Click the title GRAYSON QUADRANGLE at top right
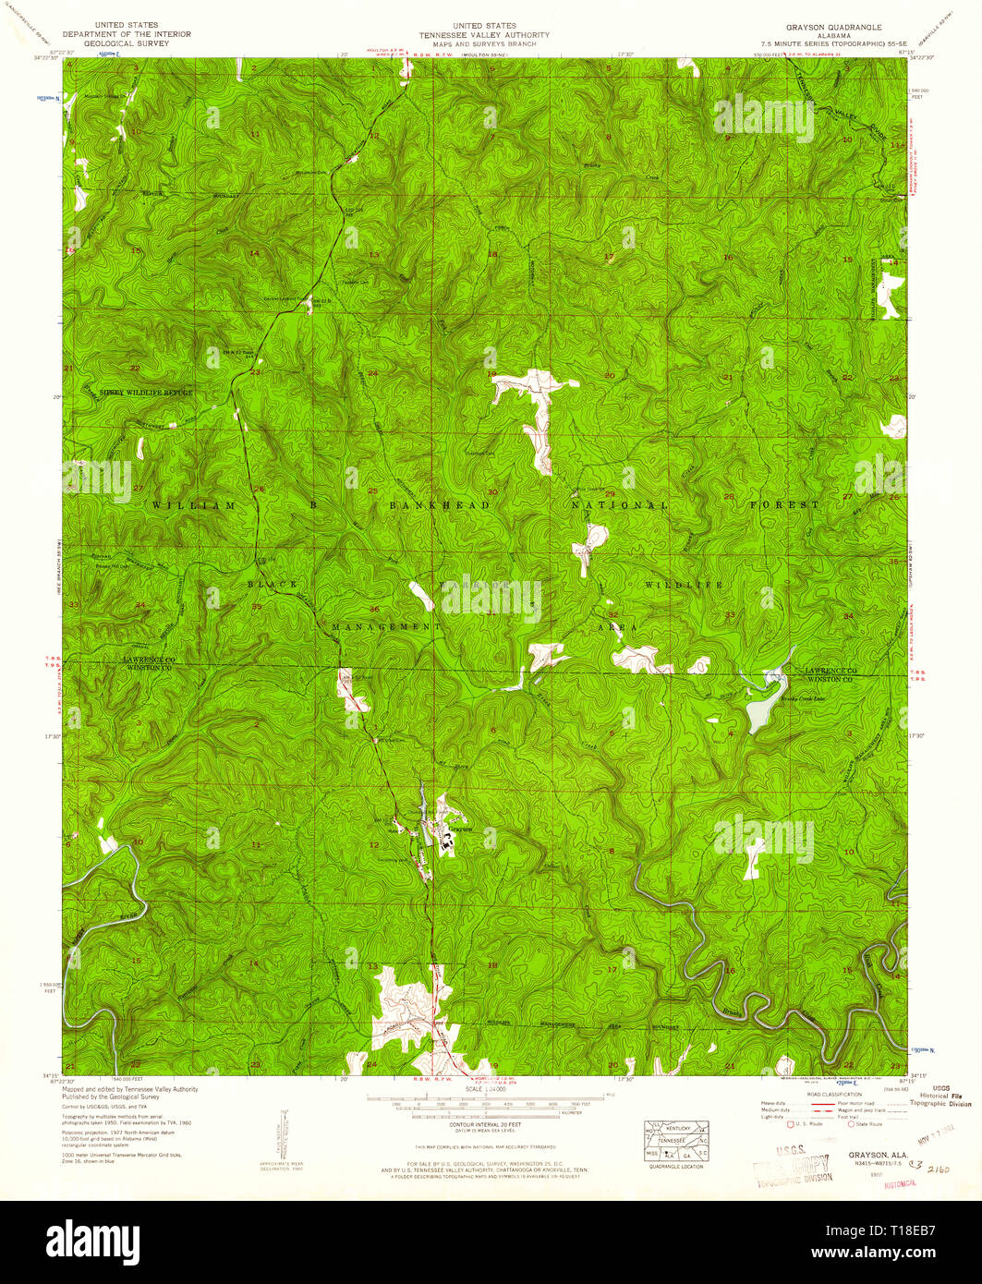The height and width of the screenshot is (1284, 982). pos(834,27)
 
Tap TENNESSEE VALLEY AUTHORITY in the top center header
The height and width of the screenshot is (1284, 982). pos(484,35)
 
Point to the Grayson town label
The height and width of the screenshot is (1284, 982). pos(460,830)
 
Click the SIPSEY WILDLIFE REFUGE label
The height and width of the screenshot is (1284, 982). pos(146,393)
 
